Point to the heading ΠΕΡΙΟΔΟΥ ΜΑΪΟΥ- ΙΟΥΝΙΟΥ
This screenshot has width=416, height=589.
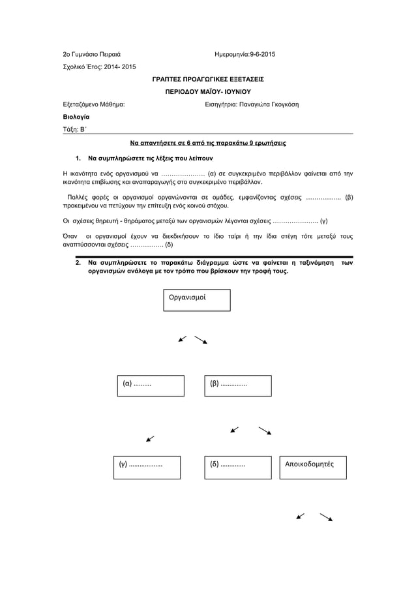pyautogui.click(x=207, y=91)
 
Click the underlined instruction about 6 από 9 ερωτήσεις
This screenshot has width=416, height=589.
pyautogui.click(x=207, y=142)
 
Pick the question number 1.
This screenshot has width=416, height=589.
pyautogui.click(x=78, y=159)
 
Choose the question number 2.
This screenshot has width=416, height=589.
pyautogui.click(x=78, y=262)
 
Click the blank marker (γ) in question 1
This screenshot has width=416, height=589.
pyautogui.click(x=332, y=220)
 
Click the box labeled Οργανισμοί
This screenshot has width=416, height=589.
pyautogui.click(x=197, y=300)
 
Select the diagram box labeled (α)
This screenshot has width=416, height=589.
pyautogui.click(x=151, y=385)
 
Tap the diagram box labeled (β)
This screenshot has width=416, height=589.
pyautogui.click(x=237, y=385)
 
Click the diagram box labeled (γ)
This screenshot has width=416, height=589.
pyautogui.click(x=151, y=467)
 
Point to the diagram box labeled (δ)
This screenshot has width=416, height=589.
pyautogui.click(x=237, y=467)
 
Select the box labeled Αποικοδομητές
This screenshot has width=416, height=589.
pyautogui.click(x=313, y=467)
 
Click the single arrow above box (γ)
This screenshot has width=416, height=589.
pyautogui.click(x=151, y=438)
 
